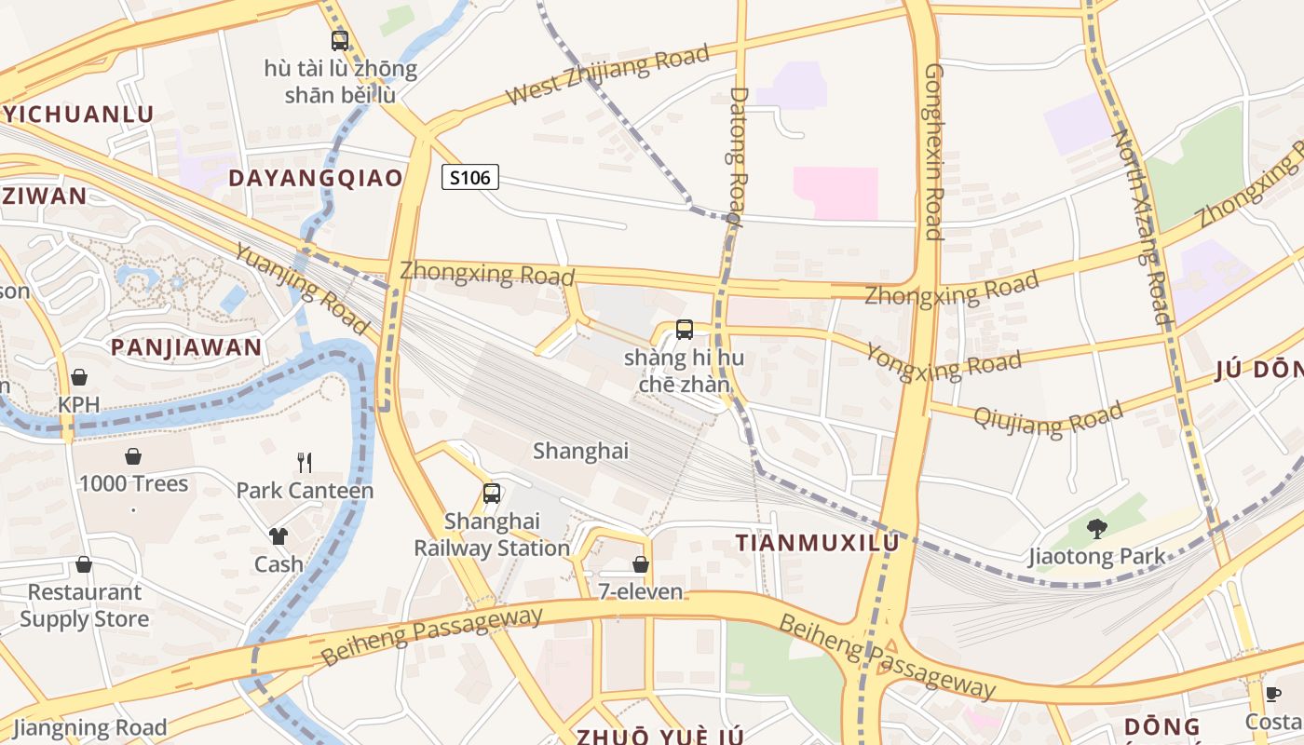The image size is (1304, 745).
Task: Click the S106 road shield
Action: (x=470, y=177)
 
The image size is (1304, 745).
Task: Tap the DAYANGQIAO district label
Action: (x=316, y=178)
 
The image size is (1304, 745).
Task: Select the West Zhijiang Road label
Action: (x=607, y=74)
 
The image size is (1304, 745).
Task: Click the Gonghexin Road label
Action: (x=934, y=151)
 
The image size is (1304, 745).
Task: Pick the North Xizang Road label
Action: (x=1141, y=226)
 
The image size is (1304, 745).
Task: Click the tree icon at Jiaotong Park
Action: (x=1097, y=529)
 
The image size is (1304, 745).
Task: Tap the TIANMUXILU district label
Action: (x=818, y=543)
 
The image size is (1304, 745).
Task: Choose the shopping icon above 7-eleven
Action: (x=641, y=564)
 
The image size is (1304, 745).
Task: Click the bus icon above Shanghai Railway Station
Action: (x=491, y=494)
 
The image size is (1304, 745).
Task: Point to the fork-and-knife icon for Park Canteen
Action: (x=304, y=462)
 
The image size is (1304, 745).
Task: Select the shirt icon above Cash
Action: (x=278, y=535)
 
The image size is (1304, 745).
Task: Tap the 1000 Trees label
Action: (x=133, y=484)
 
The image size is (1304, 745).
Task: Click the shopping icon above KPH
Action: (x=79, y=377)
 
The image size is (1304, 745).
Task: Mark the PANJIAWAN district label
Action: (x=186, y=348)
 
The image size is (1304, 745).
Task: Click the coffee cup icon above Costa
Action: (x=1273, y=694)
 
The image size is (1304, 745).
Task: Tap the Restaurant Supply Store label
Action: (x=84, y=605)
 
